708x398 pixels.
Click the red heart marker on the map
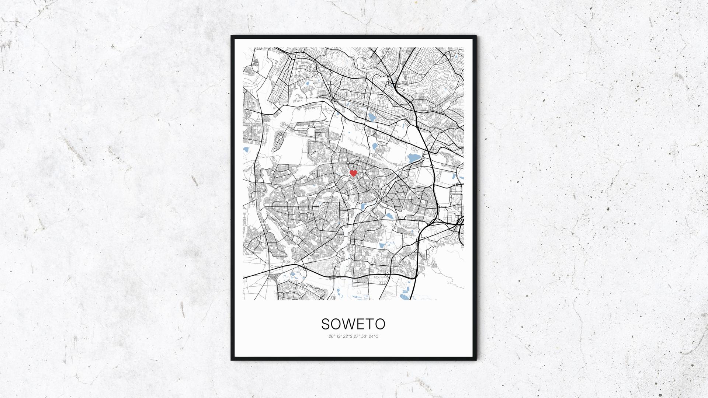353,173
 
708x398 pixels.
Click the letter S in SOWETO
326,324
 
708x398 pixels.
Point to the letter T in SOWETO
370,324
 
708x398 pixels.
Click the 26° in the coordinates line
332,336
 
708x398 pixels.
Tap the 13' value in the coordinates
339,336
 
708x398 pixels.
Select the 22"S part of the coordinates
347,336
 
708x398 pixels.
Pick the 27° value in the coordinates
357,336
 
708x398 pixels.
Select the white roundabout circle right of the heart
364,171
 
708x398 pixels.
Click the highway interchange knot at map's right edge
460,221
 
